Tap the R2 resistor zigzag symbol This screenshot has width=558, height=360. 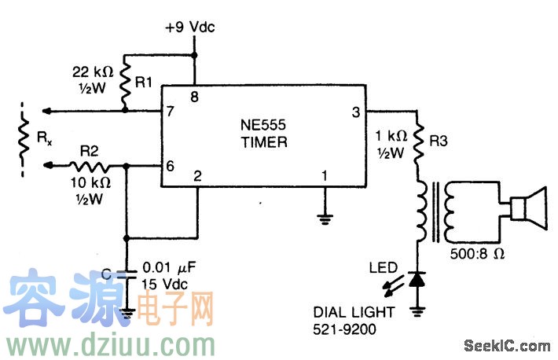pyautogui.click(x=90, y=166)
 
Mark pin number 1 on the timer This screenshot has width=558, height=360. pyautogui.click(x=323, y=176)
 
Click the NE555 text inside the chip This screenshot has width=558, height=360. pyautogui.click(x=264, y=127)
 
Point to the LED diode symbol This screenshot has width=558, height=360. pyautogui.click(x=417, y=279)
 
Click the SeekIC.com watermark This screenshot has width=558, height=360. pyautogui.click(x=507, y=345)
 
